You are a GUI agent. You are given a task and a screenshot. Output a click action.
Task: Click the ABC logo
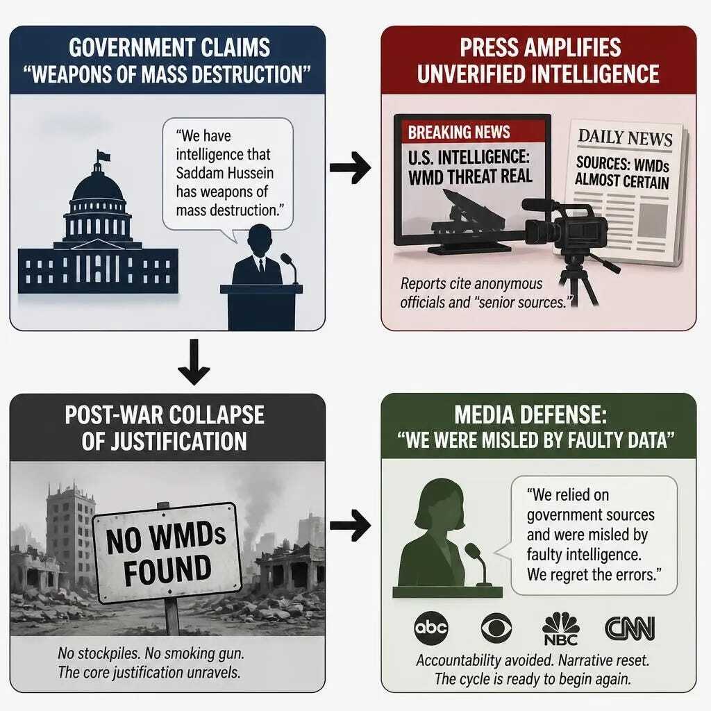coord(431,628)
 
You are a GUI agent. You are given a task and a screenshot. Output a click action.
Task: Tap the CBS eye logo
coord(496,628)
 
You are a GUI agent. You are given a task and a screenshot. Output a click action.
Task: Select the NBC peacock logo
coord(561,628)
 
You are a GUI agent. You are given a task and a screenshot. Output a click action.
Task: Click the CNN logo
coord(630,628)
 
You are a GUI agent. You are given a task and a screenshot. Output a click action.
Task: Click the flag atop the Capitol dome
coord(103,156)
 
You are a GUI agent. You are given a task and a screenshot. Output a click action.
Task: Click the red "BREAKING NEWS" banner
coord(473,132)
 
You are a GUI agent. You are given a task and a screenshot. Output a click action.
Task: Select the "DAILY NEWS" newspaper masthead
coord(625,138)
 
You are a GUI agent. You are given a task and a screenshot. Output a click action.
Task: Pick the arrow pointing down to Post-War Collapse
coord(194,361)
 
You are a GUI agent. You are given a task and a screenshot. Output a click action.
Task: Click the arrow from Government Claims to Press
coord(350,168)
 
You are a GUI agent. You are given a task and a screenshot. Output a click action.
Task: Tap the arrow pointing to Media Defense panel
coord(350,526)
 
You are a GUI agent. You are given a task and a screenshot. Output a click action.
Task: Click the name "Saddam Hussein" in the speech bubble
coord(224,173)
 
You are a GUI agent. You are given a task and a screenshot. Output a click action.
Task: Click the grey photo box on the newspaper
coord(653,220)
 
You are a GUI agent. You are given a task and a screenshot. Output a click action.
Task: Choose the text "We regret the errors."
coord(594,574)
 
